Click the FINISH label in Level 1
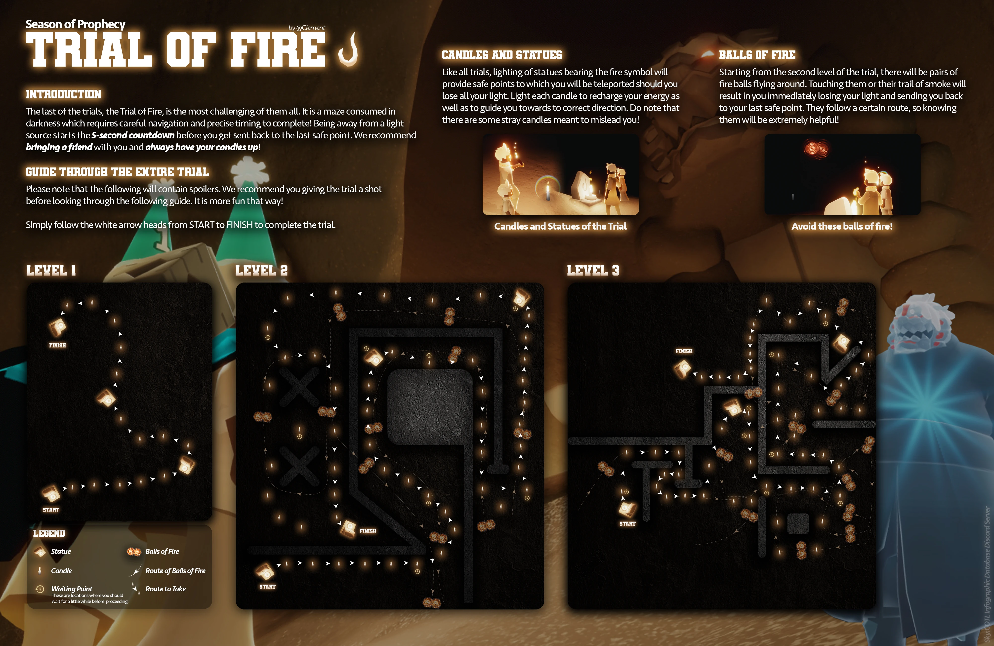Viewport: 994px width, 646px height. click(x=57, y=345)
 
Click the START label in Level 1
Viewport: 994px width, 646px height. click(x=51, y=510)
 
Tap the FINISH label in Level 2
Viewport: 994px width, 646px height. click(x=368, y=531)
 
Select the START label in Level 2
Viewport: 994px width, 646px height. click(x=267, y=587)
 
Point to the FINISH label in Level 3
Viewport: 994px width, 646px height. click(x=684, y=351)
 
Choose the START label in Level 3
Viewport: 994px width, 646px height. click(x=627, y=524)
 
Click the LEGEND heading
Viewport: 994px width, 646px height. click(x=49, y=533)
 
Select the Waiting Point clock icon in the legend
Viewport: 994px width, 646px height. click(x=40, y=589)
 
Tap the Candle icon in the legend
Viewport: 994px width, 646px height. click(x=40, y=570)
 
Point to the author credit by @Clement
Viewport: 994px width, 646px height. click(x=307, y=28)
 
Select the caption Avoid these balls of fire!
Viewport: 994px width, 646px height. click(x=842, y=226)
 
